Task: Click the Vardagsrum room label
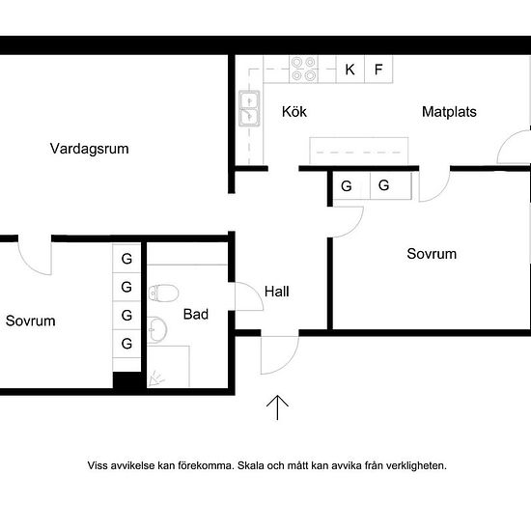(x=90, y=149)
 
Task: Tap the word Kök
(x=294, y=111)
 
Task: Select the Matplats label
(x=449, y=112)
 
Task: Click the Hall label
(x=277, y=292)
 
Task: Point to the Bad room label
(x=196, y=315)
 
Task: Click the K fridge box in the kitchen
(x=350, y=70)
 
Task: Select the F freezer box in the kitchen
(x=378, y=70)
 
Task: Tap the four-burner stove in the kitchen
(x=303, y=70)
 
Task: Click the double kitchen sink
(x=249, y=108)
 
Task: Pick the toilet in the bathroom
(x=163, y=293)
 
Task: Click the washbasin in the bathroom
(x=157, y=329)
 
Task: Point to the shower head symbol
(x=155, y=379)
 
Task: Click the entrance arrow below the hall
(x=277, y=407)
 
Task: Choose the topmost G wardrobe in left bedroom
(x=126, y=259)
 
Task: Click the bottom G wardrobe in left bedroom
(x=126, y=344)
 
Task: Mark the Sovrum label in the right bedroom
(x=432, y=254)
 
